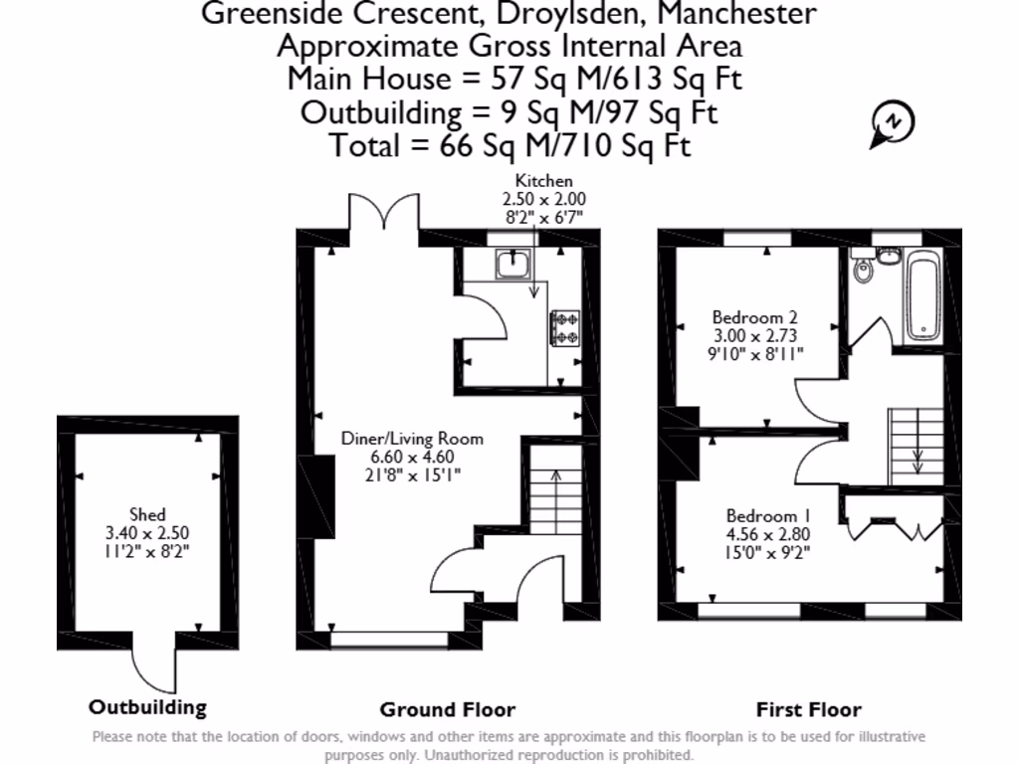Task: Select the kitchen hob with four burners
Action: coord(565,328)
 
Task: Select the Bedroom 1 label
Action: coord(767,516)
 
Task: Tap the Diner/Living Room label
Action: coord(412,438)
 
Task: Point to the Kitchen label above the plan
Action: coord(543,181)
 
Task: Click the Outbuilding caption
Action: coord(148,707)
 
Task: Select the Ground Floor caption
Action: coord(448,709)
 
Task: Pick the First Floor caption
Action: coord(808,709)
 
